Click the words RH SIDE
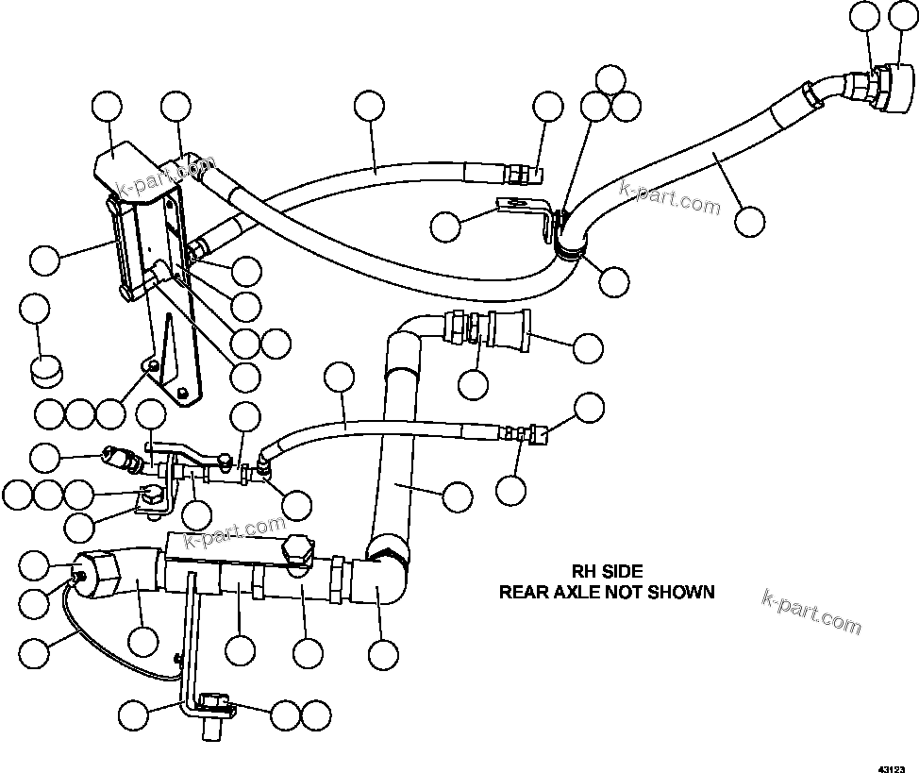click(x=608, y=571)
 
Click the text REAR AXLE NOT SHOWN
click(x=606, y=592)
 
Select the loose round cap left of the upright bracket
click(x=44, y=369)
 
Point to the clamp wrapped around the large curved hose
click(x=568, y=247)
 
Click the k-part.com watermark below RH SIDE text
click(x=812, y=613)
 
